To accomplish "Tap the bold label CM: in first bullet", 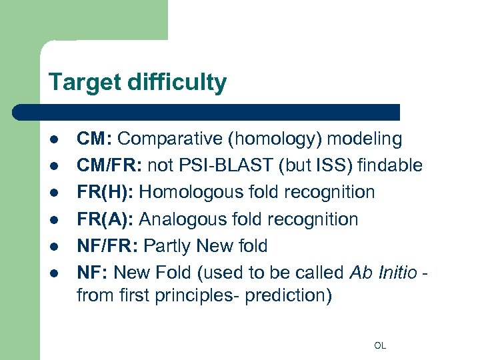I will (95, 139).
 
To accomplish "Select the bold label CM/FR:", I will (109, 165).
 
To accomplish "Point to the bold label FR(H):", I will (105, 192).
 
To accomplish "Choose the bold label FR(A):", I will (105, 219).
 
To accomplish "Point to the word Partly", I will (169, 246).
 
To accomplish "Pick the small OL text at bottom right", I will (380, 345).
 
